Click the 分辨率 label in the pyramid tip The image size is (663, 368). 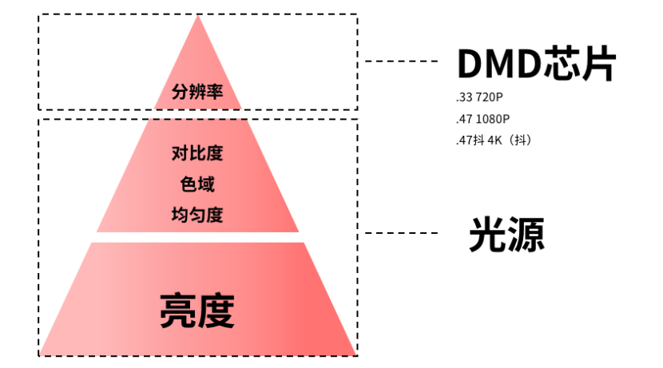coord(197,92)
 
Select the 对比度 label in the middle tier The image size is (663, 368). coord(197,153)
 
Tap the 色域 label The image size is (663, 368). coord(197,184)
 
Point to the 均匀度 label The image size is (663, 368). coord(197,215)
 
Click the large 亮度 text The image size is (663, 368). coord(197,311)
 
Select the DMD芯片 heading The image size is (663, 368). coord(537,63)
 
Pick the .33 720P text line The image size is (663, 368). coord(479,97)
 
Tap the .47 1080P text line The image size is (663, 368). coord(483,119)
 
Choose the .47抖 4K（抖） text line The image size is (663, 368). coord(494,140)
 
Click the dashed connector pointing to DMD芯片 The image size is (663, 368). coord(401,61)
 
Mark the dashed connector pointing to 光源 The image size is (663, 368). coord(401,233)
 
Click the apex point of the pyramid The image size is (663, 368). coord(197,15)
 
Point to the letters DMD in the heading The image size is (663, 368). coord(500,63)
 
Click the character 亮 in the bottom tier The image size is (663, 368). coord(177,311)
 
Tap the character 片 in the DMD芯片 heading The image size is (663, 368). coord(598,63)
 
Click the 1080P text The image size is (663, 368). coord(493,119)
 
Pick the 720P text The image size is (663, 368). coord(489,97)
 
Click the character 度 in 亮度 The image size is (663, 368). coord(216,311)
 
